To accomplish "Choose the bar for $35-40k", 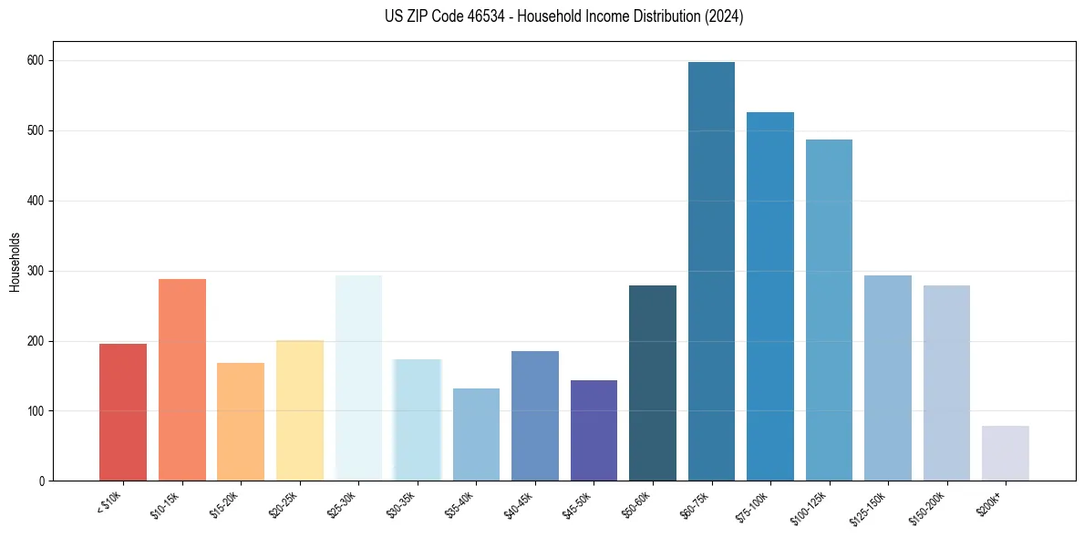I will pos(476,435).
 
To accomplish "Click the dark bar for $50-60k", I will pos(653,383).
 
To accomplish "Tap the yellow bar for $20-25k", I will pos(300,410).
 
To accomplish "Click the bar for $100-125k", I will pos(829,310).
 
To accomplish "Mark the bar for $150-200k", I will pos(946,383).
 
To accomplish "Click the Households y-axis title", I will pos(15,262).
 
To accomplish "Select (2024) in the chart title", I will pos(724,16).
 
